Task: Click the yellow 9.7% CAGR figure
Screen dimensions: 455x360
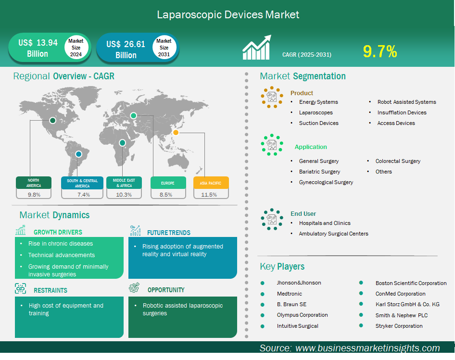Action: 380,51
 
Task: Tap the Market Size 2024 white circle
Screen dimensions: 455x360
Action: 76,48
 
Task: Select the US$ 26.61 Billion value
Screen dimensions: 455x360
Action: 126,50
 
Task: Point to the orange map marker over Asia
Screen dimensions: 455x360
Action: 176,133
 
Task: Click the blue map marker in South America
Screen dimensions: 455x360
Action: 78,154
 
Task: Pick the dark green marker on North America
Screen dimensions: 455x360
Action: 52,120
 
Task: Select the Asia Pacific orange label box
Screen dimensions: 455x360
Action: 211,183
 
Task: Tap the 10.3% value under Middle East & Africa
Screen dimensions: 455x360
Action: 124,195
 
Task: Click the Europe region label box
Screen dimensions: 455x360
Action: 168,183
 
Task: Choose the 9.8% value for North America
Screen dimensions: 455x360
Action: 34,195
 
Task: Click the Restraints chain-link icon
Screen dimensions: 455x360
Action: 20,289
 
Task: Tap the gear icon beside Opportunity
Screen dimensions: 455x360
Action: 134,287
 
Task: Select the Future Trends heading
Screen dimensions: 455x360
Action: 169,233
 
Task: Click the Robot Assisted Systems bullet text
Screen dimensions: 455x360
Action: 406,102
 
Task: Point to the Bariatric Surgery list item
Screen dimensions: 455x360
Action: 319,172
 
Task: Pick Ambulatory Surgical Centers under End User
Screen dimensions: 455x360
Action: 333,234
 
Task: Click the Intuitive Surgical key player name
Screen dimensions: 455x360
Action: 297,326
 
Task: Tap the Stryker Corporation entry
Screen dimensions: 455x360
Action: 399,326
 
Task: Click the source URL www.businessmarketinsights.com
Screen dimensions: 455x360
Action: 367,348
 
